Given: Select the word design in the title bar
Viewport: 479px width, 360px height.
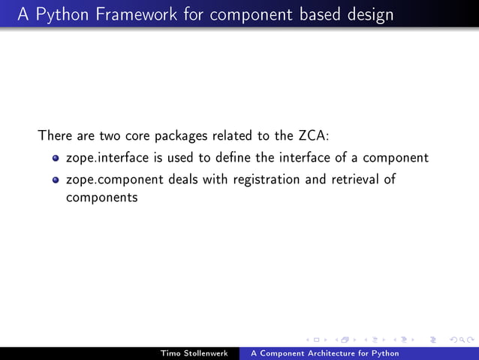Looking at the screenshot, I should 369,15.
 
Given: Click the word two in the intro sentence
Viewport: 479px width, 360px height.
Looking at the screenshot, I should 111,137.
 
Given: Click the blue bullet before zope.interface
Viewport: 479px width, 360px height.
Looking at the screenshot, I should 56,159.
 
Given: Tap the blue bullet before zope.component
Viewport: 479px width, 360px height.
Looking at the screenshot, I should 56,180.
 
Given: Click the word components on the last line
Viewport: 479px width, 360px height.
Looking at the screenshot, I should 102,198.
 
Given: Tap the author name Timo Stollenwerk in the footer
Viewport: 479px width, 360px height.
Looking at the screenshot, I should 194,353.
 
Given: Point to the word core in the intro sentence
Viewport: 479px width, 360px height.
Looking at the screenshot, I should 140,137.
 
